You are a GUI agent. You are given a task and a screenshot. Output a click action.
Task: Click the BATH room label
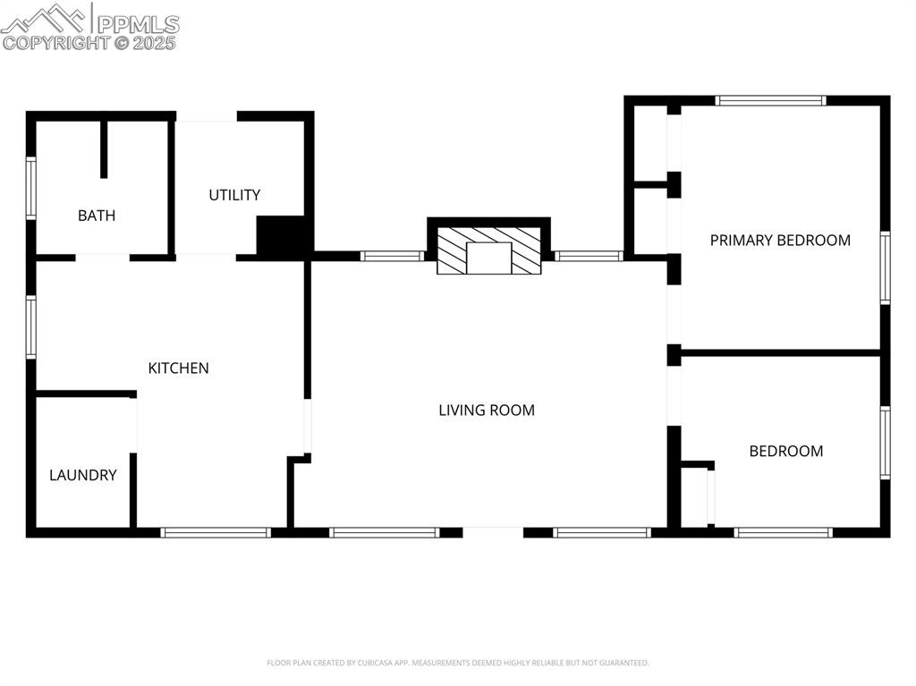point(97,216)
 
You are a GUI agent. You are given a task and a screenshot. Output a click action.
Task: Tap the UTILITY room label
point(234,195)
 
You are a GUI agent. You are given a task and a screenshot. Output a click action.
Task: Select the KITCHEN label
point(178,368)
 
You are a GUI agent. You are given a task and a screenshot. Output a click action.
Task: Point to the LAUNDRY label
point(82,475)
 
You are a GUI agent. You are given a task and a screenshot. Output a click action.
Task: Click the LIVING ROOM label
point(487,411)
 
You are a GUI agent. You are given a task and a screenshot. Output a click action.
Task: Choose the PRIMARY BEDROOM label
point(780,240)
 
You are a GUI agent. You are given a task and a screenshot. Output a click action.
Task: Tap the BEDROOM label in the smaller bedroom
point(785,451)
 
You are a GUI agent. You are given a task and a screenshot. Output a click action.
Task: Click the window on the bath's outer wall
point(30,188)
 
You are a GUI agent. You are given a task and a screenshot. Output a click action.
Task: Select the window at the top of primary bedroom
point(770,101)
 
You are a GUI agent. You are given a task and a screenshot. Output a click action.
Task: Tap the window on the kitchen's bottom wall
point(216,532)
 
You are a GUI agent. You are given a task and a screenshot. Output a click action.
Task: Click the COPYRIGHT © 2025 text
point(89,42)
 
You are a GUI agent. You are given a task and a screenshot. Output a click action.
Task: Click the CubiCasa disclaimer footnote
point(458,663)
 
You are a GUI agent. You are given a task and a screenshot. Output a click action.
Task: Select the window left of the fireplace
point(392,256)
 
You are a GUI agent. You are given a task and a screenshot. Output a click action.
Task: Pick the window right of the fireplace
point(588,256)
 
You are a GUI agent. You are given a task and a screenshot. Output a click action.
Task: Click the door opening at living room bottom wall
point(493,532)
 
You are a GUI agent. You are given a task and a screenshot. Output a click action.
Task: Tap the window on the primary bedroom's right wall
point(885,268)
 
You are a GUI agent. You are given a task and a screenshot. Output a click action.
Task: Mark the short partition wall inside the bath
point(104,148)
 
